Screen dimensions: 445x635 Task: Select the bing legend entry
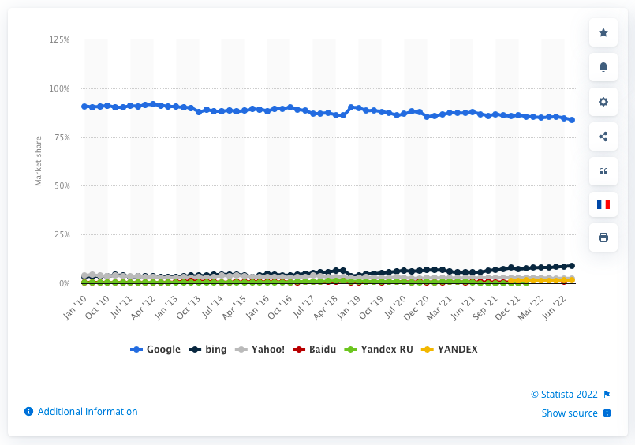pos(210,349)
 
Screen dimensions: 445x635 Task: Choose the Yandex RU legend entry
pos(376,349)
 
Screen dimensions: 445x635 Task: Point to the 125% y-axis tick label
pos(60,39)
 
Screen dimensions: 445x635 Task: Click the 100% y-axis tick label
pos(60,88)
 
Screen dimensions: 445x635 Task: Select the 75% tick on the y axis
pos(62,137)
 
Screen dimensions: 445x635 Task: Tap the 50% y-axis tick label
pos(62,186)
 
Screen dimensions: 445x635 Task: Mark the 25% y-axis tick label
pos(62,235)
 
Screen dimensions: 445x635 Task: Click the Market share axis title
pos(38,162)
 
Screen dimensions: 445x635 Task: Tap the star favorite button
pos(603,32)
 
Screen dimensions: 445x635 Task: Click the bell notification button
pos(603,67)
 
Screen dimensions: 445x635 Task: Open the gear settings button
pos(603,102)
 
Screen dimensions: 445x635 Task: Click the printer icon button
pos(603,237)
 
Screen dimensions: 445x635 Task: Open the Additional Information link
pos(87,412)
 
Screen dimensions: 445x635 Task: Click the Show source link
pos(570,413)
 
